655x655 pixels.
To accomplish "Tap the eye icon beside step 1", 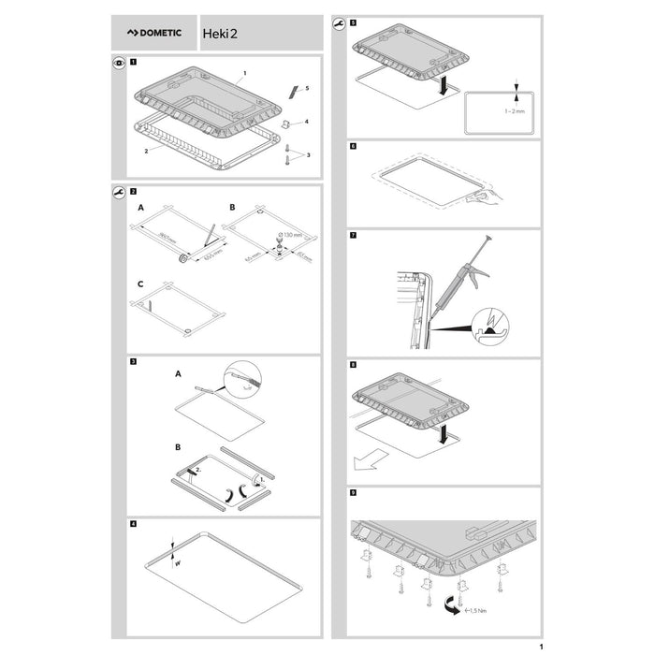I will (x=118, y=64).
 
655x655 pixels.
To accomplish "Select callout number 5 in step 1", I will (x=307, y=88).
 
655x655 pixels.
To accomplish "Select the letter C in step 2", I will (x=140, y=283).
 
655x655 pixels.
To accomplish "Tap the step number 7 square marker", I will (x=352, y=236).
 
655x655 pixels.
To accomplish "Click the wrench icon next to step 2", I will (x=118, y=191).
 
